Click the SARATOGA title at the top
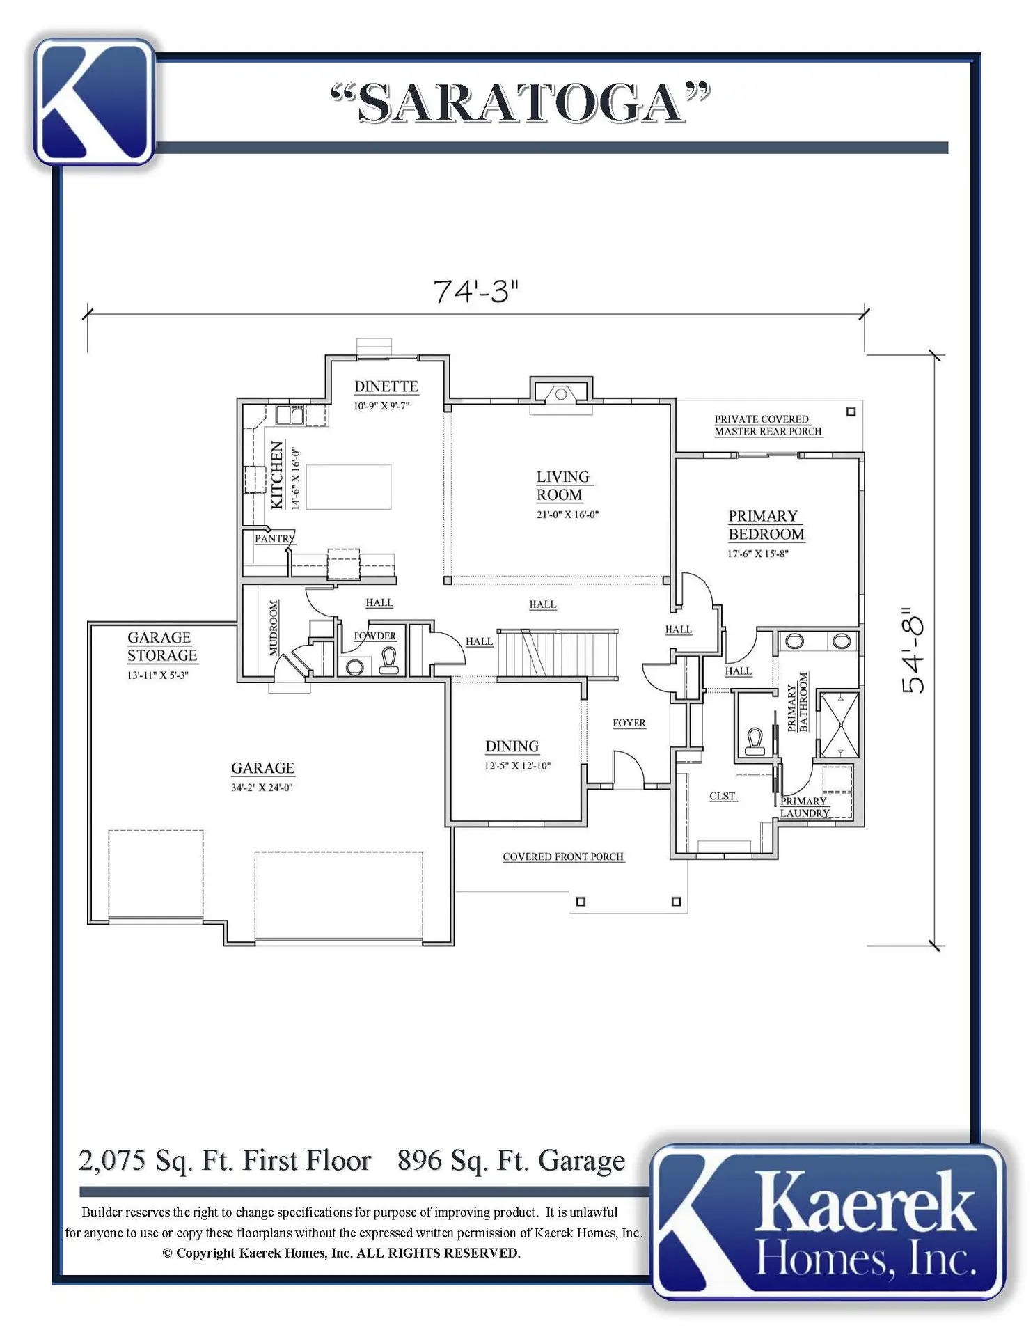pyautogui.click(x=521, y=102)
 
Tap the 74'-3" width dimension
pyautogui.click(x=476, y=291)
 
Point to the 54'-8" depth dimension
pyautogui.click(x=913, y=650)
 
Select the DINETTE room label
pyautogui.click(x=386, y=386)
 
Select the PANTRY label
pyautogui.click(x=275, y=538)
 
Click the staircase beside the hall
pyautogui.click(x=558, y=652)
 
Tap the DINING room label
pyautogui.click(x=512, y=746)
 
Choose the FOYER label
pyautogui.click(x=629, y=723)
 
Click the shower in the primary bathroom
pyautogui.click(x=839, y=724)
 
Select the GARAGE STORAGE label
pyautogui.click(x=162, y=647)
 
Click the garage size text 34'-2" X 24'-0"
pyautogui.click(x=262, y=788)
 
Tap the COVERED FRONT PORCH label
pyautogui.click(x=563, y=857)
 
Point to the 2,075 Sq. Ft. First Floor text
pyautogui.click(x=225, y=1161)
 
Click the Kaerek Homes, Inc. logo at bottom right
pyautogui.click(x=828, y=1223)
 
